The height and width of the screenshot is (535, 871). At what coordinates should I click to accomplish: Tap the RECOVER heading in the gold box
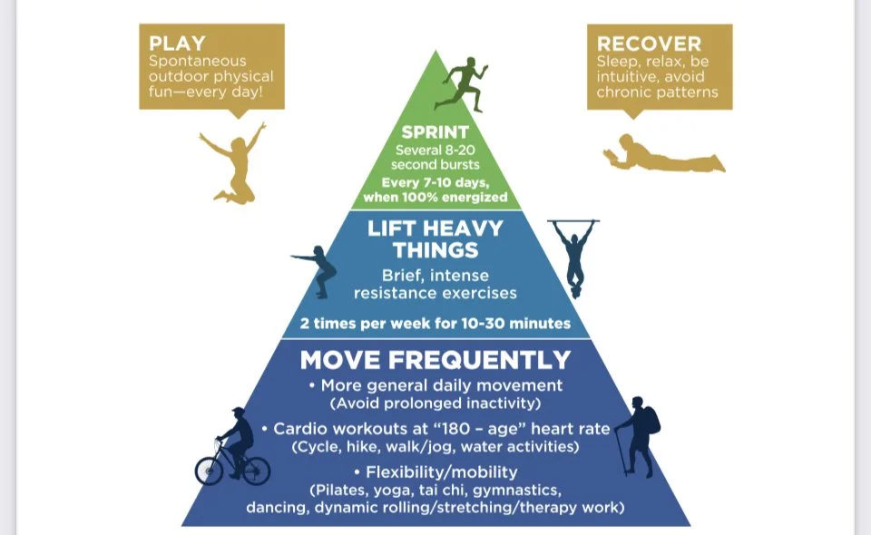tap(649, 44)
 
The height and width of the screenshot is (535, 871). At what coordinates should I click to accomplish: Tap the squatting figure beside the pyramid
tap(317, 269)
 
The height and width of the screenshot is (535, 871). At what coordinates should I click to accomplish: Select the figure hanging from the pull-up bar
tap(573, 253)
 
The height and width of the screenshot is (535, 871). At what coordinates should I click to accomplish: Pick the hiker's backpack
tap(650, 419)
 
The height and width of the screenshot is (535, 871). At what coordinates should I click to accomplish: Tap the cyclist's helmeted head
tap(237, 413)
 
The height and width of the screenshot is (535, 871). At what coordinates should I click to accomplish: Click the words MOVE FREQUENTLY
tap(435, 360)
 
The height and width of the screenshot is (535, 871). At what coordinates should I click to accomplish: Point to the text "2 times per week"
tap(367, 324)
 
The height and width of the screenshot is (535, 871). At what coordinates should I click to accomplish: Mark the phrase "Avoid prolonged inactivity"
tap(435, 402)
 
